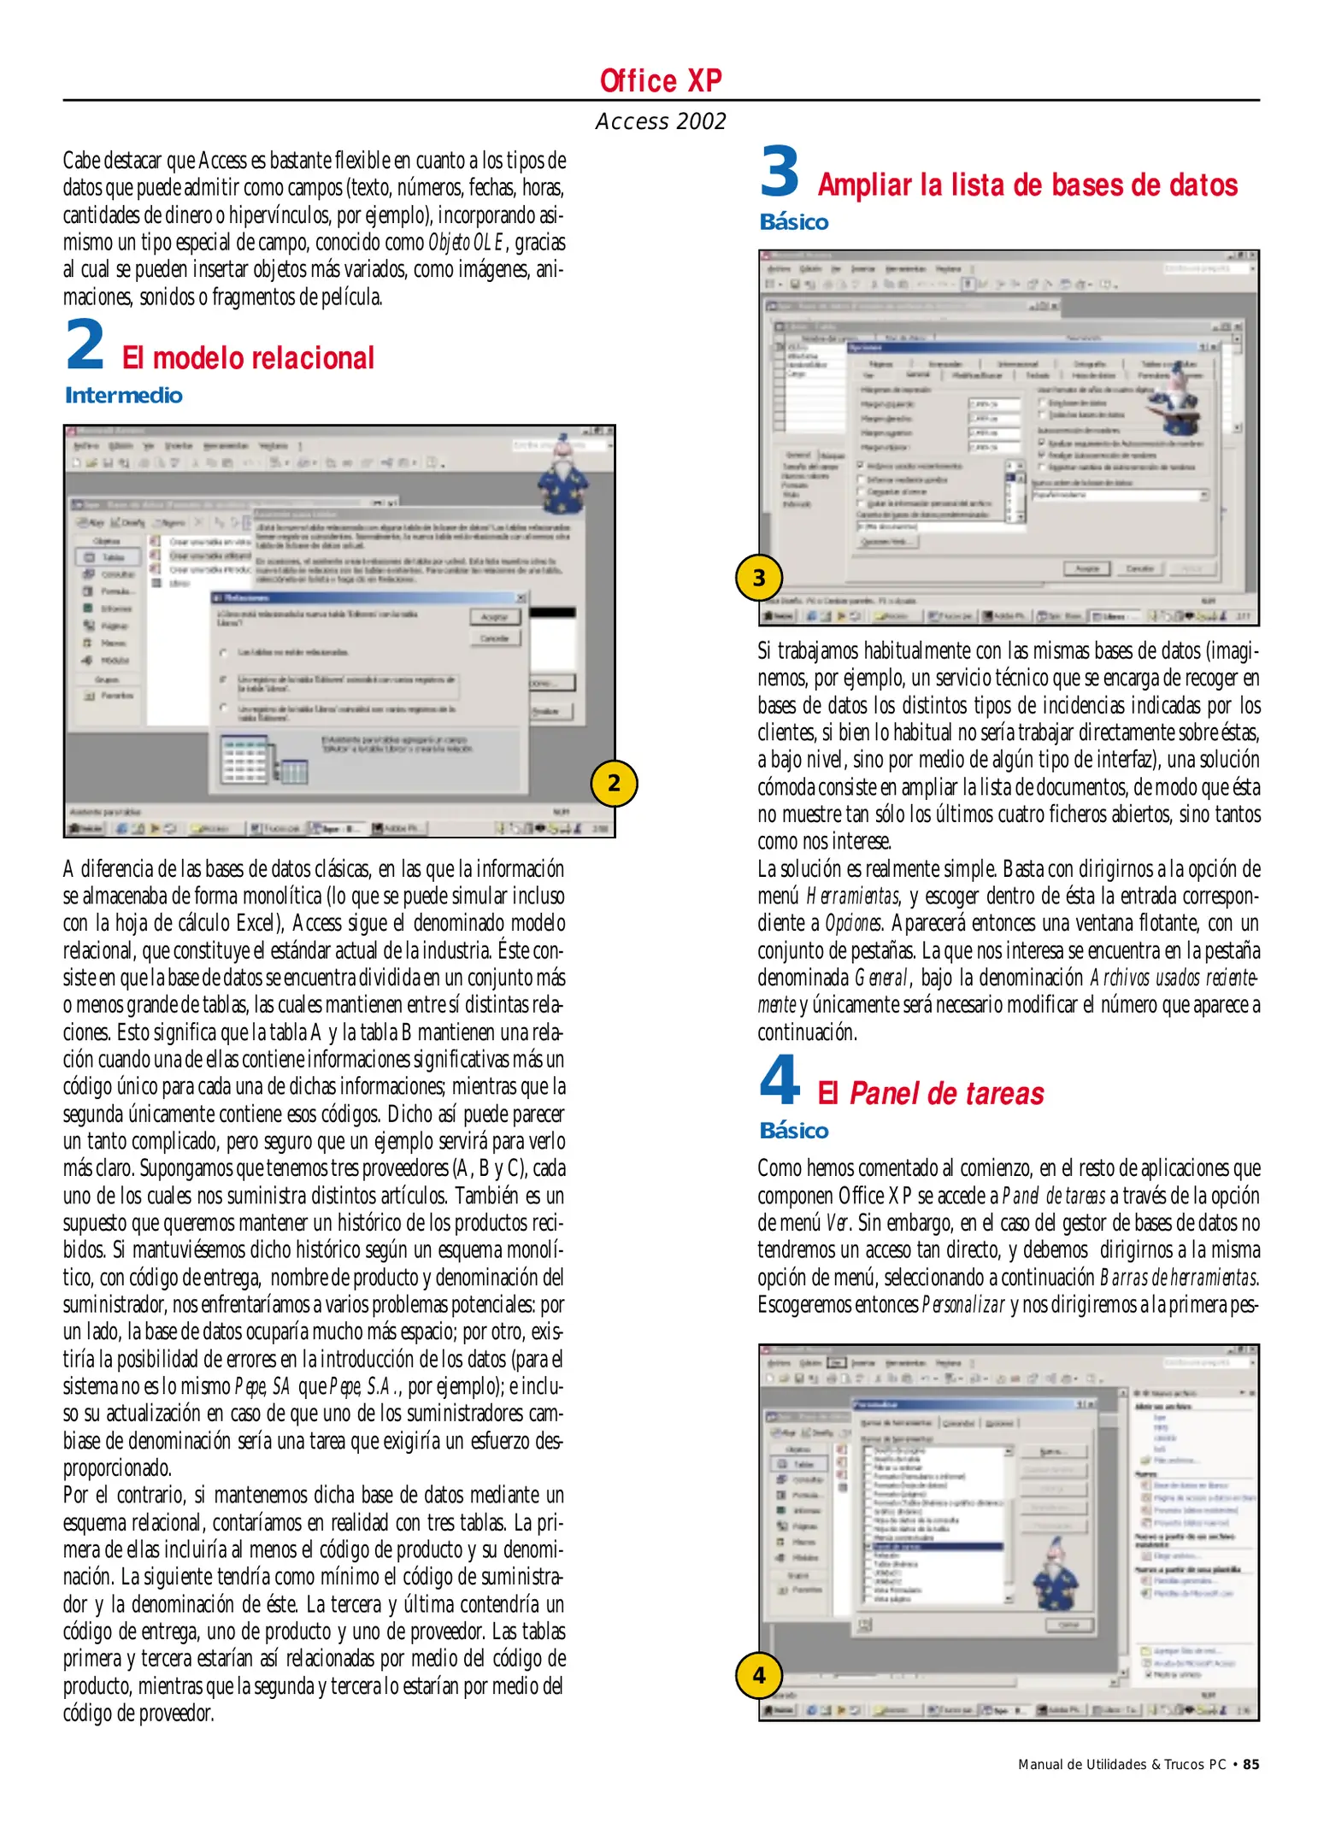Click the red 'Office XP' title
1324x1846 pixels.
(660, 81)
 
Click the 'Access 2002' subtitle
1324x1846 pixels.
(660, 121)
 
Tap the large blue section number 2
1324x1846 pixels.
(85, 345)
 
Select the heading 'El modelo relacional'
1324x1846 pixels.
(248, 358)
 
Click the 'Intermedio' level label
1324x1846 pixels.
(124, 396)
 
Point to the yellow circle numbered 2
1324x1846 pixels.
(614, 783)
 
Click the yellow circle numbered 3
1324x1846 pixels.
(758, 578)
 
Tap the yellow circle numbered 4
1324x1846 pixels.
(758, 1675)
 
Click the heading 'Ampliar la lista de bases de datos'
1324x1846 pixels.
(1027, 185)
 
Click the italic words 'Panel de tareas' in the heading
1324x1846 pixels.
(946, 1094)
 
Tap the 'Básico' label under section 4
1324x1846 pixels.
(794, 1131)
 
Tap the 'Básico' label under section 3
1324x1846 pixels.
(794, 222)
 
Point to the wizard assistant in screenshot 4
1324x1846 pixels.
(1056, 1574)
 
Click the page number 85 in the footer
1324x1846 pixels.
(1250, 1765)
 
